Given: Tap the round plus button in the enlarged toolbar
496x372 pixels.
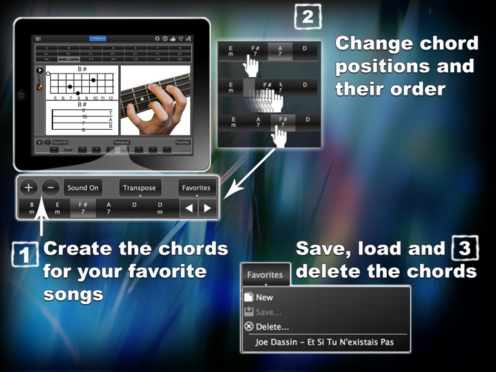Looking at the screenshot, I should tap(28, 188).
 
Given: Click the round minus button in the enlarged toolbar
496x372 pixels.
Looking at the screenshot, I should tap(52, 188).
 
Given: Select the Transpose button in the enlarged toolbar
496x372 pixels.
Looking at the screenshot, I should tap(139, 188).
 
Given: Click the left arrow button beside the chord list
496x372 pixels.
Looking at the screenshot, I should tap(189, 208).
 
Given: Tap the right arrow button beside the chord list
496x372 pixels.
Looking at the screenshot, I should tap(207, 208).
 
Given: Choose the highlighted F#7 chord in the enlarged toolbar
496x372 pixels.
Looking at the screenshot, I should tap(82, 207).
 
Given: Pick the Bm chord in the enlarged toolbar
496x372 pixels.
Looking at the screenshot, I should tap(31, 207).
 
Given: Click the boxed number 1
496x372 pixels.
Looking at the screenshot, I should tap(24, 255).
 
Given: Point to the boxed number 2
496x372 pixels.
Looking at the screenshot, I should tap(307, 15).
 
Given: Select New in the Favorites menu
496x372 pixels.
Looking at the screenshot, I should tap(264, 298).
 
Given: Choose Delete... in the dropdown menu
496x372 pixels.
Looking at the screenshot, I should tap(272, 327).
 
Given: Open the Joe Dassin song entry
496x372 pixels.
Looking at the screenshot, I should tap(324, 342).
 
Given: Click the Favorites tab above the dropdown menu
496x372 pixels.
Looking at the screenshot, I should tap(264, 274).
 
